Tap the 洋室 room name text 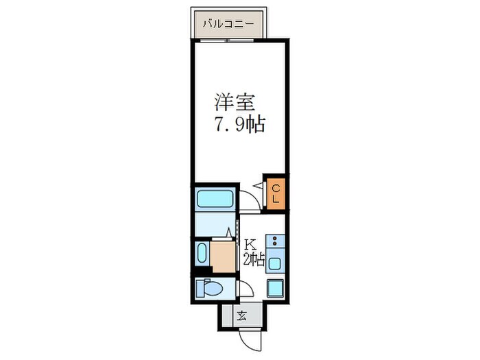pos(235,104)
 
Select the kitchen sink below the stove pos(276,262)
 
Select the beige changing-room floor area pos(222,254)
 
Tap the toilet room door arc pos(244,289)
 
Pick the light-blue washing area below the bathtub pos(214,224)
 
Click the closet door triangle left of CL pos(259,187)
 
